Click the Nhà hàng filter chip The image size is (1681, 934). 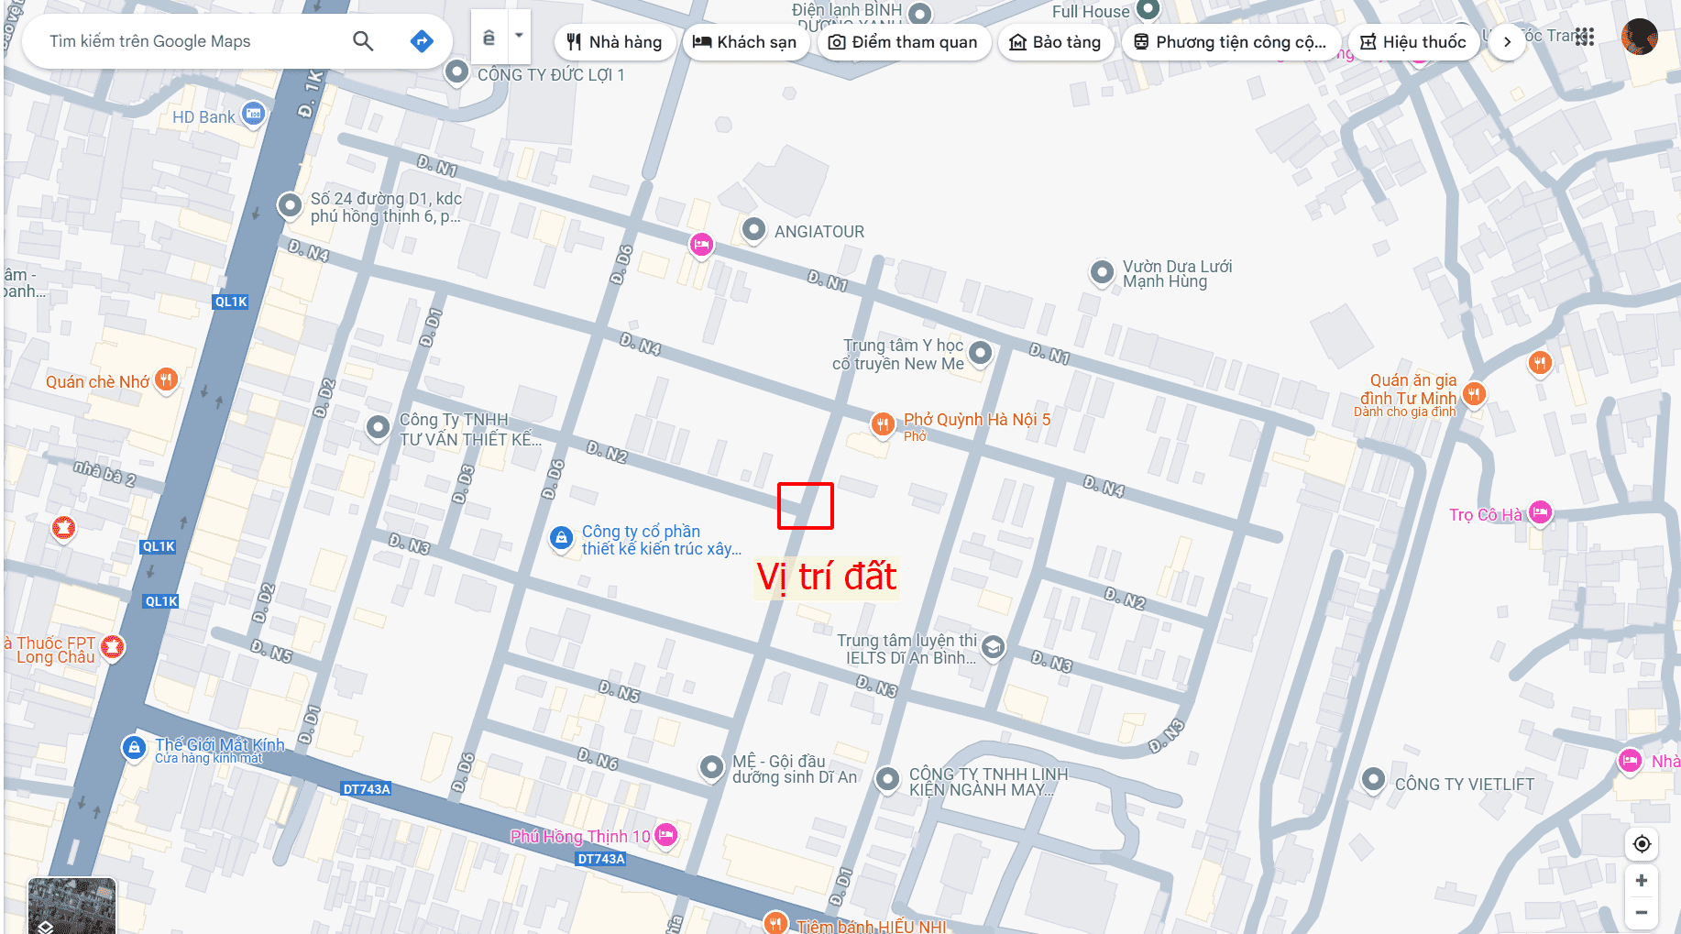click(614, 42)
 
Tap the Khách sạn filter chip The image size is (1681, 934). click(744, 42)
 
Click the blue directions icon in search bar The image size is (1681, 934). click(422, 41)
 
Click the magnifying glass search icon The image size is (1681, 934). click(363, 41)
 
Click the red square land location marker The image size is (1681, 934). click(805, 506)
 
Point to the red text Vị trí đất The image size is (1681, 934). click(826, 577)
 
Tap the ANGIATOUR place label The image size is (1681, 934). click(819, 232)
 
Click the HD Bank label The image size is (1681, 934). click(203, 117)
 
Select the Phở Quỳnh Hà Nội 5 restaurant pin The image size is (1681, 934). click(882, 423)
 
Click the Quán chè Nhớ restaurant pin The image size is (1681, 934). click(166, 379)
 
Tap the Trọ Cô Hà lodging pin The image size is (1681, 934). click(1541, 512)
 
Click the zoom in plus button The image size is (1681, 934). click(1641, 880)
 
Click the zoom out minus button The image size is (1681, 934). click(1641, 912)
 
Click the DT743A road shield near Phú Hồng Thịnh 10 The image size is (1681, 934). click(601, 859)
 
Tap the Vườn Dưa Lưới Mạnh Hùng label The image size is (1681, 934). click(1177, 274)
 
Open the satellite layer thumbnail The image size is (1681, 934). click(71, 906)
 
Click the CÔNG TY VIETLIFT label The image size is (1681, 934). click(1464, 785)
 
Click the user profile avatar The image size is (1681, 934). click(1639, 38)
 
